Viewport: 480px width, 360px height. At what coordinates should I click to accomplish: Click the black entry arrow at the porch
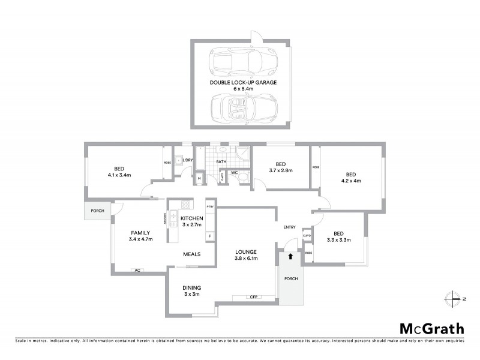[290, 256]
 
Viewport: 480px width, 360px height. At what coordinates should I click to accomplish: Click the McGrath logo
[432, 328]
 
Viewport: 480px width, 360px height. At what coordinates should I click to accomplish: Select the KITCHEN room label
[190, 217]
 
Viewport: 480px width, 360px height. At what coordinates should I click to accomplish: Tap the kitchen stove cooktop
[172, 218]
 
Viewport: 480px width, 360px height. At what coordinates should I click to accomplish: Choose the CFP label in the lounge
[253, 296]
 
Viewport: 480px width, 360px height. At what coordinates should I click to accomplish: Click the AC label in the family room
[137, 271]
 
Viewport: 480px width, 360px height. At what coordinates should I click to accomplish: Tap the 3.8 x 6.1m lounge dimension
[246, 259]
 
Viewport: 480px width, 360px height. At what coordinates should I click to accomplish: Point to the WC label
[235, 173]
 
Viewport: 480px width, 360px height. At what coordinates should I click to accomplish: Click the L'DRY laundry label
[187, 160]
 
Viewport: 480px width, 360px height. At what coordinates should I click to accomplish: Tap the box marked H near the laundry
[199, 178]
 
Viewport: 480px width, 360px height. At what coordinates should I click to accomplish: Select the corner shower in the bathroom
[242, 157]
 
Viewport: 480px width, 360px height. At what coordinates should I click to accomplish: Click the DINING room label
[191, 287]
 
